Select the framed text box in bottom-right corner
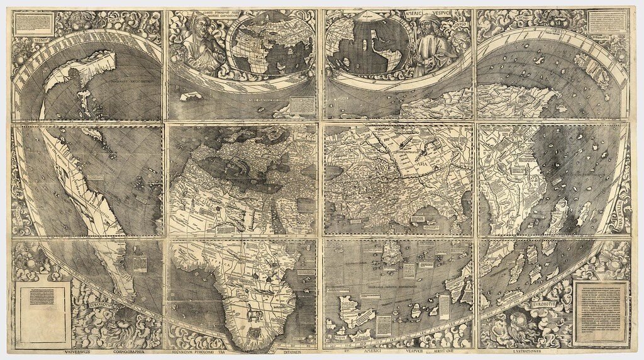600,312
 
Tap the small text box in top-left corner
34,23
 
